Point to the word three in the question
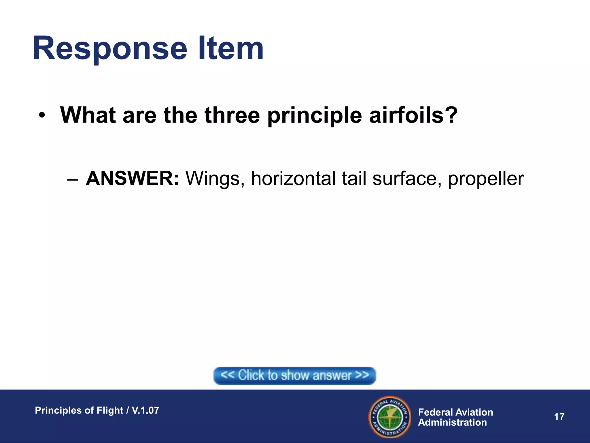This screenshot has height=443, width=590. click(x=232, y=115)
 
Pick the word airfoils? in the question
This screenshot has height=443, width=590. click(x=413, y=115)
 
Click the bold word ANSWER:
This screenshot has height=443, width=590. click(x=133, y=179)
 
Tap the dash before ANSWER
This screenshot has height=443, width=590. click(x=72, y=180)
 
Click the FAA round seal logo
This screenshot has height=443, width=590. click(x=389, y=417)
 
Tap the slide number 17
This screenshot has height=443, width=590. click(x=559, y=417)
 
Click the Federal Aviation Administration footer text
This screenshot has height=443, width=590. click(x=455, y=417)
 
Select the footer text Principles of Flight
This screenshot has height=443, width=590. click(x=79, y=410)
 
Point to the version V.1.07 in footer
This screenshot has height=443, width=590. click(x=145, y=410)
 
